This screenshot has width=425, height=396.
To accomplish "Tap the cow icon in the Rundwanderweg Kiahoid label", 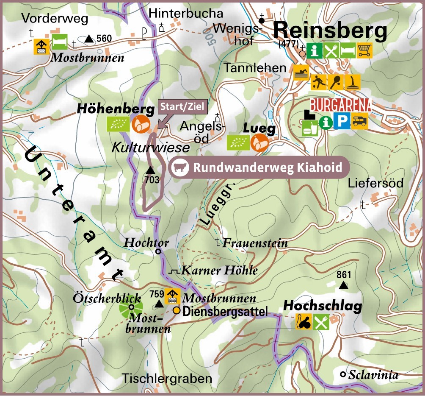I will click(179, 167).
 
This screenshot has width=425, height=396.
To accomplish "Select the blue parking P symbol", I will click(342, 122).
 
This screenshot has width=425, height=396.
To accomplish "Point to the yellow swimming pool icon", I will click(301, 73).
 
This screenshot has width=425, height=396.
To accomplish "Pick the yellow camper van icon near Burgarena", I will click(360, 122).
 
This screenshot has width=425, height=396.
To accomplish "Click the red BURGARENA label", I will click(341, 105).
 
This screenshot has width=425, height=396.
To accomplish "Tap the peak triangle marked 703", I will click(150, 170).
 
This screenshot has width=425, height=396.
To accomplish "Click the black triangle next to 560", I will click(89, 39).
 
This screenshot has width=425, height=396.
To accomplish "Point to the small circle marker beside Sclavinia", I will click(343, 374).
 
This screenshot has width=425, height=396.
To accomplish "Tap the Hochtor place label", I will click(146, 243).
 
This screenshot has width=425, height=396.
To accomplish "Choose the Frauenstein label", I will click(255, 243).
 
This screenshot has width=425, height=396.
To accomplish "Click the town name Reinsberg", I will click(330, 31).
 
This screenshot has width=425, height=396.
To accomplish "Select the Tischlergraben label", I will click(167, 378).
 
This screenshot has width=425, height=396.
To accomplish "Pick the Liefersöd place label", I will click(375, 184).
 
